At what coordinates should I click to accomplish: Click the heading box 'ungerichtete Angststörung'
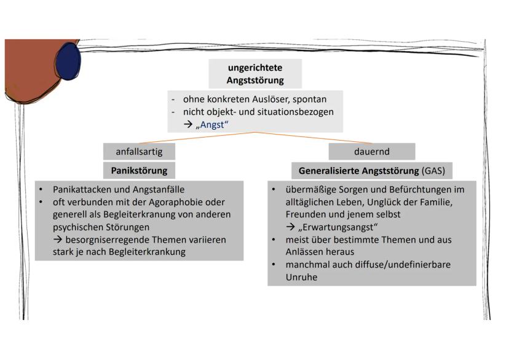(x=254, y=73)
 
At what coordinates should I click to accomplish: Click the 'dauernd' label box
(x=371, y=151)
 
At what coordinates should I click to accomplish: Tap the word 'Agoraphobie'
(x=150, y=202)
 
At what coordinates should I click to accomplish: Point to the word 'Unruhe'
(x=301, y=276)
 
